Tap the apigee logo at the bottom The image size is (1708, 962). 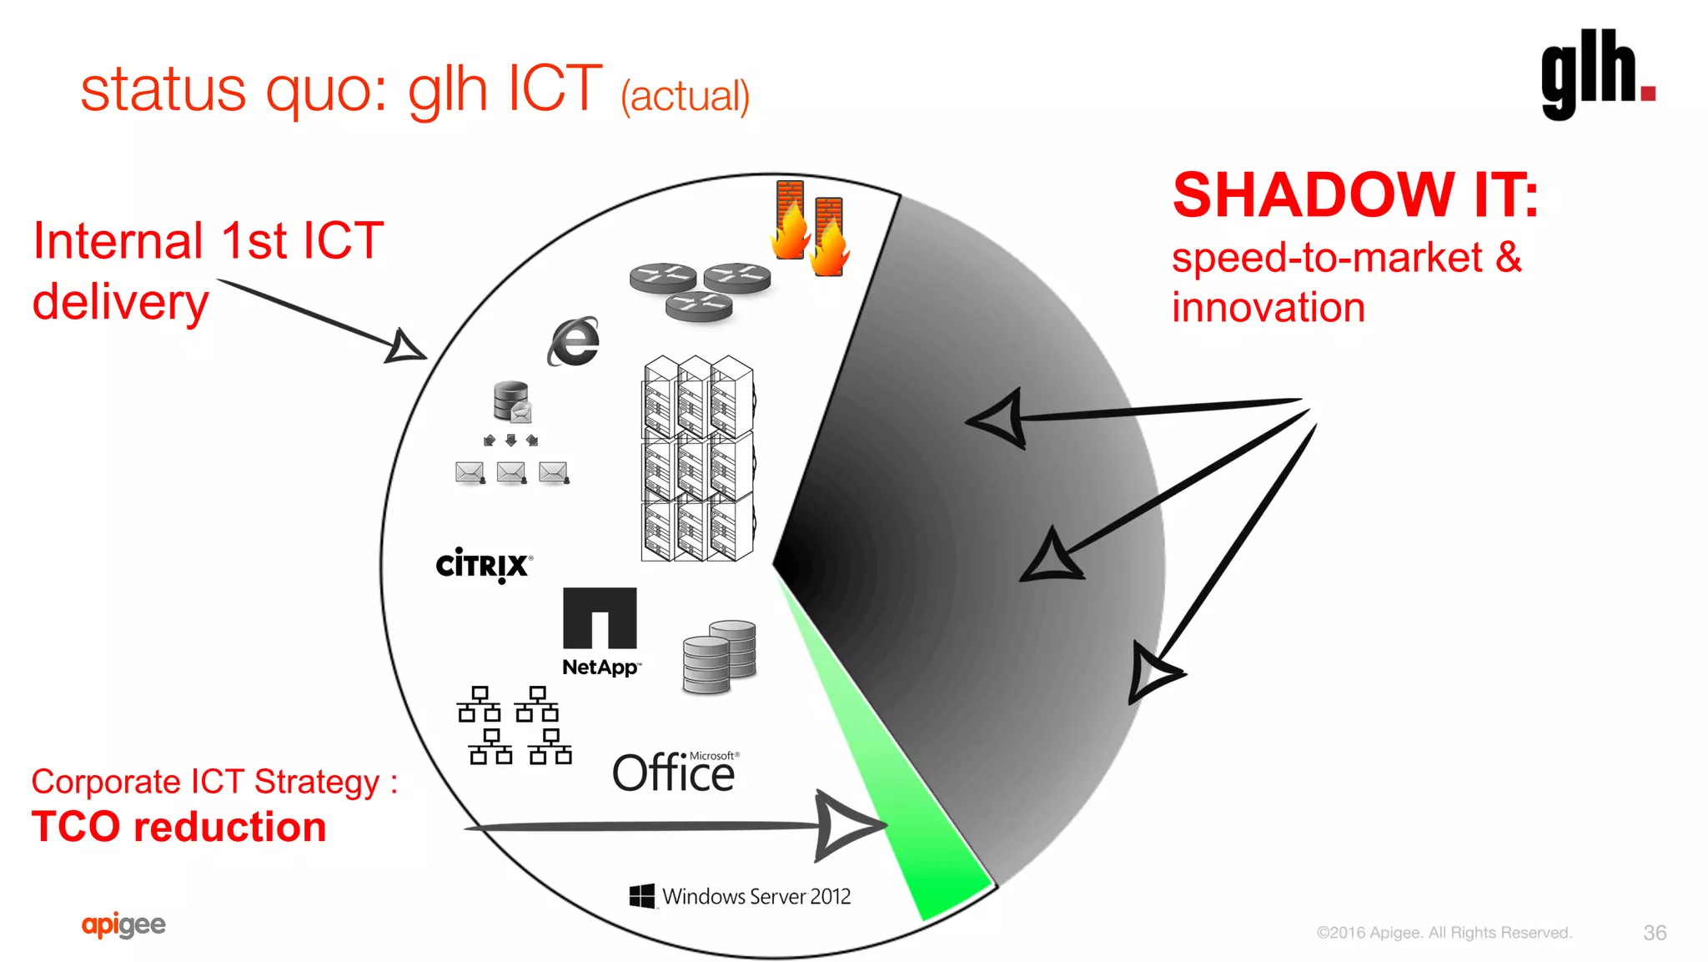[x=123, y=924]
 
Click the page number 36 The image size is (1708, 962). [x=1655, y=933]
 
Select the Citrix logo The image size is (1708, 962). [x=484, y=565]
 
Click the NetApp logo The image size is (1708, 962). [x=600, y=632]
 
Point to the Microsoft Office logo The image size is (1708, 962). [x=675, y=772]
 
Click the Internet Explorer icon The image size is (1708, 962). [x=574, y=341]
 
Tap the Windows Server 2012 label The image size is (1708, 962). [x=740, y=896]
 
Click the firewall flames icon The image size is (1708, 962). [x=810, y=226]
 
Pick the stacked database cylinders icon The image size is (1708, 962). [x=719, y=657]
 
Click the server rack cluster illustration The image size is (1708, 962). [x=698, y=458]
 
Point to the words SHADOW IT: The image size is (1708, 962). [x=1355, y=195]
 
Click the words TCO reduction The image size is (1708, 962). [x=179, y=827]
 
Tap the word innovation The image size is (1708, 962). [x=1268, y=308]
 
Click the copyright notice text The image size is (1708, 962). [x=1444, y=933]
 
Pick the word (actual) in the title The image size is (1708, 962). [x=685, y=96]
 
